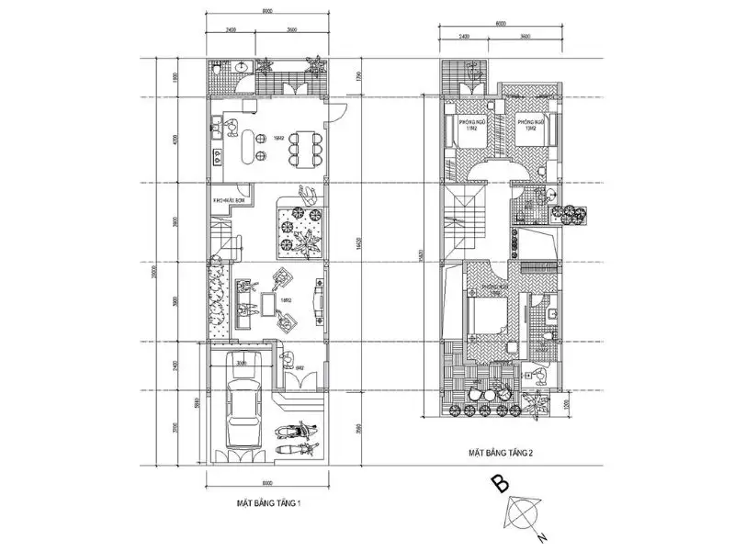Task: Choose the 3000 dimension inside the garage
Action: click(x=240, y=363)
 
